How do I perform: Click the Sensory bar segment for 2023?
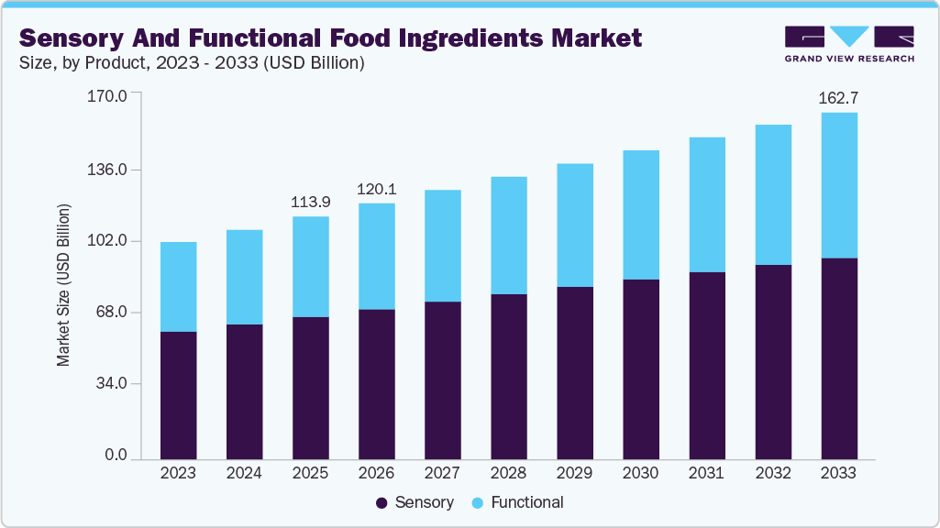click(178, 394)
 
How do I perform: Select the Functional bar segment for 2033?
click(839, 185)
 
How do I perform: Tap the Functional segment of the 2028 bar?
click(509, 235)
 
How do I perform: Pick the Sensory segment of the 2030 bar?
click(641, 368)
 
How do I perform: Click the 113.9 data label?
click(311, 203)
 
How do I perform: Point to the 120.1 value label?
click(377, 189)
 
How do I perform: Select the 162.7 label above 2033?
click(839, 98)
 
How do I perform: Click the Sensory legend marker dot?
click(382, 503)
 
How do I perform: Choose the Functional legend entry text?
click(527, 502)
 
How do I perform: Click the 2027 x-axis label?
click(442, 474)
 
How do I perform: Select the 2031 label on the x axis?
click(706, 474)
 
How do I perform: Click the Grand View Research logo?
click(849, 44)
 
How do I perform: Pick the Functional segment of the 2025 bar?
click(311, 267)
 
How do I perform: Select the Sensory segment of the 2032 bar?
click(773, 361)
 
